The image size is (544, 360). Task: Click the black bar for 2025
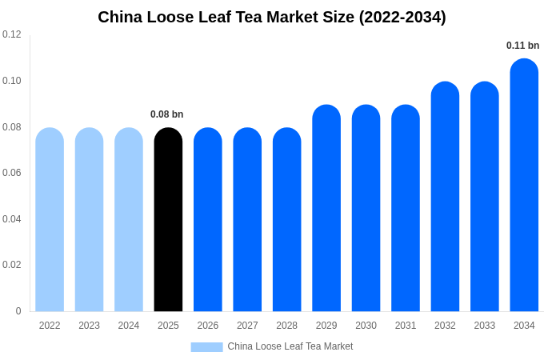[168, 220]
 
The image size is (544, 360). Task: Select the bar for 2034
[524, 186]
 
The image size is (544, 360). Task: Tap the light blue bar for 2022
[50, 220]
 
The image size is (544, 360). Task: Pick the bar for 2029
[326, 208]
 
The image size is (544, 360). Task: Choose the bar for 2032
[445, 197]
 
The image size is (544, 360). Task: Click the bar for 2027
[247, 220]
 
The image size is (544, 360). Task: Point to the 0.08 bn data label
[167, 114]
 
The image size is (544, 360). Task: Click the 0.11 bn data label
[523, 46]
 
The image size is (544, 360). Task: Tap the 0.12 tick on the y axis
[12, 34]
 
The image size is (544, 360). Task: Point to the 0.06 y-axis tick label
[12, 173]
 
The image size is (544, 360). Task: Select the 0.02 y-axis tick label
[12, 265]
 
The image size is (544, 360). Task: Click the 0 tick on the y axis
[18, 311]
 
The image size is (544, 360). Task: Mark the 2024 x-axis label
[129, 326]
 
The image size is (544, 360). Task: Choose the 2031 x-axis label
[406, 326]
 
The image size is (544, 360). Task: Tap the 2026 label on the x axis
[208, 326]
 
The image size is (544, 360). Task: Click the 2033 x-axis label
[485, 326]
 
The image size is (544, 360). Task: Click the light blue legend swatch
[206, 347]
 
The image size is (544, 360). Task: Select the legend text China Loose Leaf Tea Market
[290, 346]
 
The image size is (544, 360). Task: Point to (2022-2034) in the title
[402, 17]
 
